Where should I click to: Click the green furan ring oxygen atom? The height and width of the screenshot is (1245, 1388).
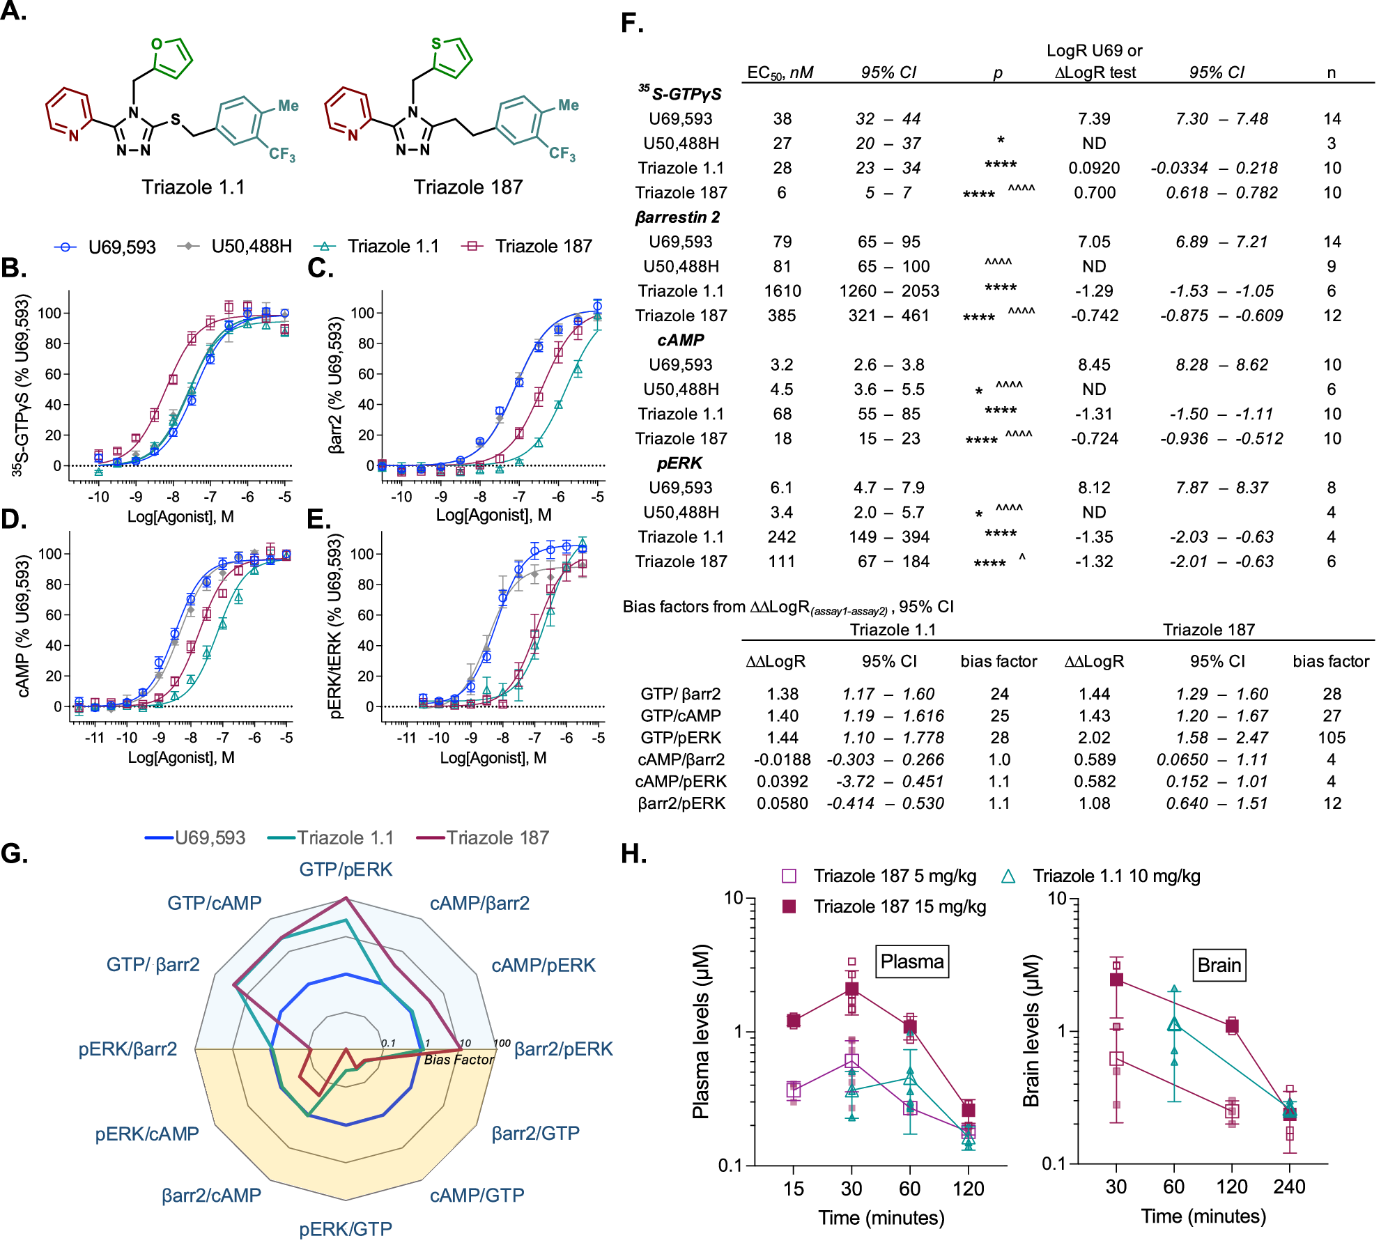157,44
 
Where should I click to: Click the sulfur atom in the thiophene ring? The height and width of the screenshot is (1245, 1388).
436,43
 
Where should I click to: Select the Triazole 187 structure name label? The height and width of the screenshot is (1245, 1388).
468,187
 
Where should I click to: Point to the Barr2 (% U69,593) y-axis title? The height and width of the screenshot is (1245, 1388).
335,385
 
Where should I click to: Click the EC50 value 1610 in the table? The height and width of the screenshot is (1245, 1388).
782,291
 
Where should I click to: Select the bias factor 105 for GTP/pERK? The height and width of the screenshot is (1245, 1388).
1331,737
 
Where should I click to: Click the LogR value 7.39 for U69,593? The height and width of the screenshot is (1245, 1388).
1093,118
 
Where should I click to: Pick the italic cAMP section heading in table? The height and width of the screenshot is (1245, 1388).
680,340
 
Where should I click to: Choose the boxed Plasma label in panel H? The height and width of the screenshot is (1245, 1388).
911,961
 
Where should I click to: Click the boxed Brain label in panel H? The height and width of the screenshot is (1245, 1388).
1219,965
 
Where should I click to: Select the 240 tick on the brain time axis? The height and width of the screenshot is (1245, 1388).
1288,1186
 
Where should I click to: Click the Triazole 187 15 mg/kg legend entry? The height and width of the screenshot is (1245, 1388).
899,906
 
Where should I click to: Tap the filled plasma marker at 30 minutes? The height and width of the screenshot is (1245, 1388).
851,989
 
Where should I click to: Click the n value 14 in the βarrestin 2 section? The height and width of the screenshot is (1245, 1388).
1332,242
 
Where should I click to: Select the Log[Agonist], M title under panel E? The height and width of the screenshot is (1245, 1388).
493,757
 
